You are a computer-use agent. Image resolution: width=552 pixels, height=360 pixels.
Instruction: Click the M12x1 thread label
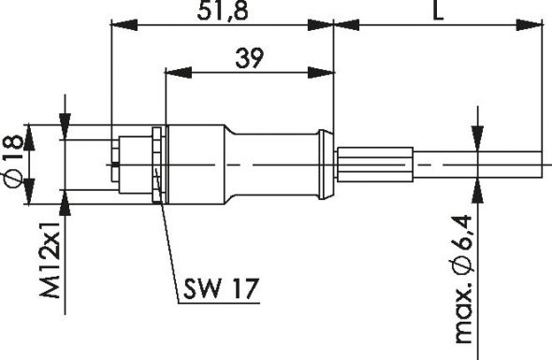(51, 263)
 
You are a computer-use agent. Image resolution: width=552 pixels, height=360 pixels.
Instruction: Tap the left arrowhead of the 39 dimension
(173, 71)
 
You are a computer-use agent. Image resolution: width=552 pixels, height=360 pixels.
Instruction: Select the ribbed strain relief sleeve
(374, 165)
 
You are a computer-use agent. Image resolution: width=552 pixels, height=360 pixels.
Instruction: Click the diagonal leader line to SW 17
(168, 252)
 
